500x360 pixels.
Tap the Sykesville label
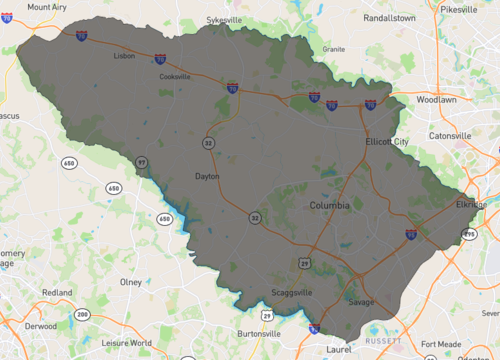tap(225, 19)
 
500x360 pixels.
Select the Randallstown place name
tap(395, 17)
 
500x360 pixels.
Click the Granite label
tap(333, 48)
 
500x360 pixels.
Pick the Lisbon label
tap(125, 57)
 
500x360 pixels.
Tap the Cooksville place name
tap(174, 76)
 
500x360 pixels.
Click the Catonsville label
tap(449, 135)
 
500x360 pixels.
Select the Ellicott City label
tap(387, 142)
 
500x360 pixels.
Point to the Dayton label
tap(207, 176)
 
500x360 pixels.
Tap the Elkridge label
tap(470, 205)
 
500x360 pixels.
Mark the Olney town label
tap(131, 282)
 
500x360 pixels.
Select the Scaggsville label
tap(294, 293)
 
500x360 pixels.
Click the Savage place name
tap(360, 301)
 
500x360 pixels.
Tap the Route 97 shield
tap(142, 162)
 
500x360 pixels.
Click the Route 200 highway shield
tap(81, 315)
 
